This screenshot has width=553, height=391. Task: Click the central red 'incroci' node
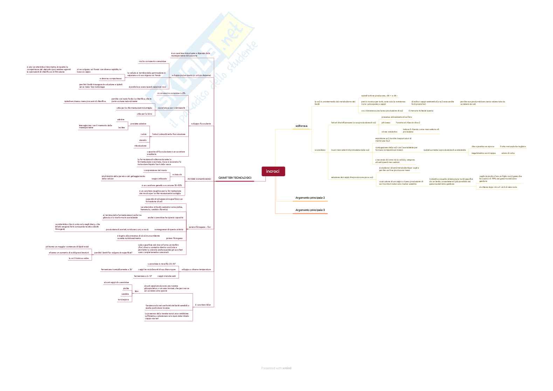(273, 171)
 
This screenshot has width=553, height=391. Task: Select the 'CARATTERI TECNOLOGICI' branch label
(235, 178)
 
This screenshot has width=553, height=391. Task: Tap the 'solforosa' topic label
(301, 126)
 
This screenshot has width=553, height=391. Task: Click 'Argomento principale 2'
(310, 198)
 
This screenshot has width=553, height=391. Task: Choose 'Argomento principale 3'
(310, 210)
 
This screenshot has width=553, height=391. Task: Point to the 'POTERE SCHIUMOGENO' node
(199, 179)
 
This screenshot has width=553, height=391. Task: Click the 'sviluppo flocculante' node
(201, 124)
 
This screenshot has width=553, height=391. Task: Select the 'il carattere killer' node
(203, 305)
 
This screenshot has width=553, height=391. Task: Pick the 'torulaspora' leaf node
(123, 300)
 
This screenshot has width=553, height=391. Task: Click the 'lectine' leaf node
(122, 128)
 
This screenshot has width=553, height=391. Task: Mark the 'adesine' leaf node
(121, 119)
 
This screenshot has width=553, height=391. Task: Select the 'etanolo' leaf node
(143, 140)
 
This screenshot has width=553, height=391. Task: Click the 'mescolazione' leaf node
(140, 146)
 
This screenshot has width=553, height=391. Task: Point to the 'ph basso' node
(386, 123)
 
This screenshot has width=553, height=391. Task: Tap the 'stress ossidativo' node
(389, 132)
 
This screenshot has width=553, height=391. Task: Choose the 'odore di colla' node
(508, 153)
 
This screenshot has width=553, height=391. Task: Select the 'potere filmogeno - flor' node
(200, 227)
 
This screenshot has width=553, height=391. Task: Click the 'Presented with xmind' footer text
(276, 368)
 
